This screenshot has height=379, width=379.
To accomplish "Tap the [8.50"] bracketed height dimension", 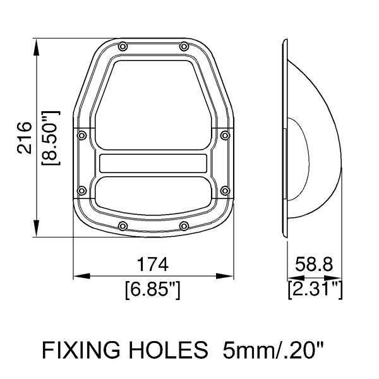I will [x=50, y=137].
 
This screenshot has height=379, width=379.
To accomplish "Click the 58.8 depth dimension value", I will [x=314, y=265].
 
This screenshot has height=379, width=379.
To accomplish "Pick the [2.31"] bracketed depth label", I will [x=315, y=290].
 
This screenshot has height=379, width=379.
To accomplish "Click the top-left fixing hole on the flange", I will [x=123, y=46].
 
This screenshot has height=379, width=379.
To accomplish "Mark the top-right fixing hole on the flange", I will [x=183, y=46].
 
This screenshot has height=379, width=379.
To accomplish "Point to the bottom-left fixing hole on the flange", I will [x=123, y=226].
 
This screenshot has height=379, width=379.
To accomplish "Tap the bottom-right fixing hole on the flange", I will [x=183, y=226].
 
